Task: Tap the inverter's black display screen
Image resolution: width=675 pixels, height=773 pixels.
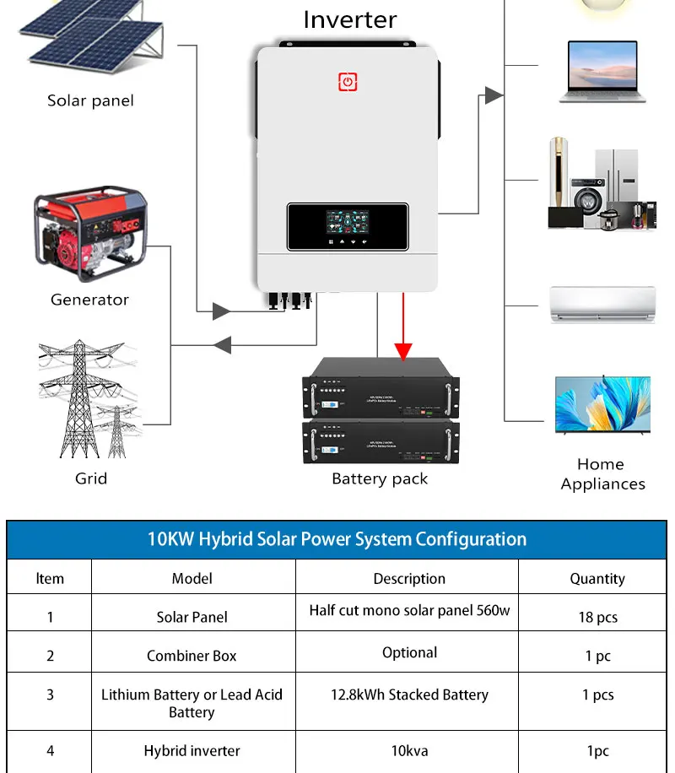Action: point(348,227)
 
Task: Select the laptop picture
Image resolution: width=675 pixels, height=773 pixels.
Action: point(602,71)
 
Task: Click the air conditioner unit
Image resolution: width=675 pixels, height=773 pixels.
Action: point(602,304)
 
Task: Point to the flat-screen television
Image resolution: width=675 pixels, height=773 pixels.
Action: point(602,405)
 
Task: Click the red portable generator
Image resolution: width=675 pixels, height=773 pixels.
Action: point(89,235)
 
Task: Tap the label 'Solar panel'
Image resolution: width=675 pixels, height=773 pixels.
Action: point(90,100)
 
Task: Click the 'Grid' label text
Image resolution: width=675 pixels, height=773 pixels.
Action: point(91,478)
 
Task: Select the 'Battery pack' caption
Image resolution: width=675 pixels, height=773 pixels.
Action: point(380,479)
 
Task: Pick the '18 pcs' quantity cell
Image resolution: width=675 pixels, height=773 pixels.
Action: point(597,617)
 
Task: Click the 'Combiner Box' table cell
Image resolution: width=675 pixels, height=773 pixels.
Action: point(192,656)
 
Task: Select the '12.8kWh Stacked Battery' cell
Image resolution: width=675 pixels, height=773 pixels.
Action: point(409,695)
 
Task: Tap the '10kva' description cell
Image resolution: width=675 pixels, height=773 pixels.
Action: point(409,750)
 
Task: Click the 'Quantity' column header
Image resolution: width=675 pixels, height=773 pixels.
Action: point(597,579)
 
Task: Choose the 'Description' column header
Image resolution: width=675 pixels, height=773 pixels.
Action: point(409,579)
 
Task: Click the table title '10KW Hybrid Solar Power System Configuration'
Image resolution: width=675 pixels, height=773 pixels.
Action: point(337,539)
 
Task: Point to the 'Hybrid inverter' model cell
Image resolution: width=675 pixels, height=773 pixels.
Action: point(192,750)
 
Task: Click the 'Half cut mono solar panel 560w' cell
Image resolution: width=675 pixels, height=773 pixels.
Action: point(409,610)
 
